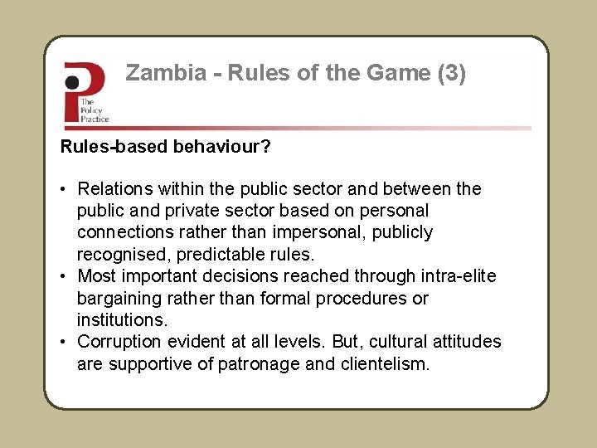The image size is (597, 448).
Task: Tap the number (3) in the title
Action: [x=451, y=74]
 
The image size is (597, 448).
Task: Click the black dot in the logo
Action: [x=73, y=82]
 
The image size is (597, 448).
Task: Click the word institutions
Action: [x=122, y=319]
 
